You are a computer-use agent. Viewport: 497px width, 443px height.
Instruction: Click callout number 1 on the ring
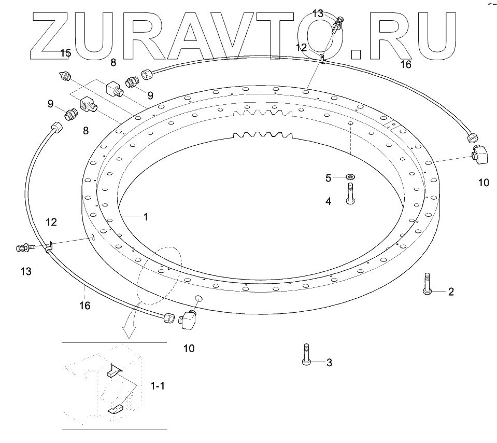(146, 217)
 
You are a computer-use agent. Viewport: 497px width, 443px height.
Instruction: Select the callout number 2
(451, 292)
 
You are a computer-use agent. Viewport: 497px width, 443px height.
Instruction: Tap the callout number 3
(328, 363)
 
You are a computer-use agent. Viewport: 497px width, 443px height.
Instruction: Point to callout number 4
(328, 201)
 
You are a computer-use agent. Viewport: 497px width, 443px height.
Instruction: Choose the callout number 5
(328, 178)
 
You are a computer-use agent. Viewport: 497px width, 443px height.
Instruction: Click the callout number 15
(65, 53)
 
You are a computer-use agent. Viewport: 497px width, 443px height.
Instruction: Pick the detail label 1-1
(158, 386)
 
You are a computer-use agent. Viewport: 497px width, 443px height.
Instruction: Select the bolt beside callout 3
(306, 355)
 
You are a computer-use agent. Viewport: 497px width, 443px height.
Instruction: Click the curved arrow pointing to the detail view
(130, 319)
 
